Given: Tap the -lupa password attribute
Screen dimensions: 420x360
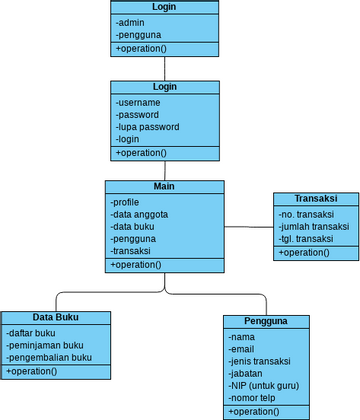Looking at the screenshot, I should click(147, 127).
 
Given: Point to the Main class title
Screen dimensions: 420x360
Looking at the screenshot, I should click(165, 187).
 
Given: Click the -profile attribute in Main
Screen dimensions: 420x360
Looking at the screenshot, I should click(126, 203).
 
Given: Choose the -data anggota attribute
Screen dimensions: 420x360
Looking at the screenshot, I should click(139, 215).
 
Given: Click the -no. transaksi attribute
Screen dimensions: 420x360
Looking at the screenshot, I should click(306, 214).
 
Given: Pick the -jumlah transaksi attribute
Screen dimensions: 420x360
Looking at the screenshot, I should click(314, 227).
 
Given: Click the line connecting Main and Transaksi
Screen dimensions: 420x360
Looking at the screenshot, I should click(249, 227).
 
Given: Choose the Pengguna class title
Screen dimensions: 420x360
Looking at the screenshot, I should click(266, 321).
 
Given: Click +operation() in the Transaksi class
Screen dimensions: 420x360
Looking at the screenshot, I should click(304, 253).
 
